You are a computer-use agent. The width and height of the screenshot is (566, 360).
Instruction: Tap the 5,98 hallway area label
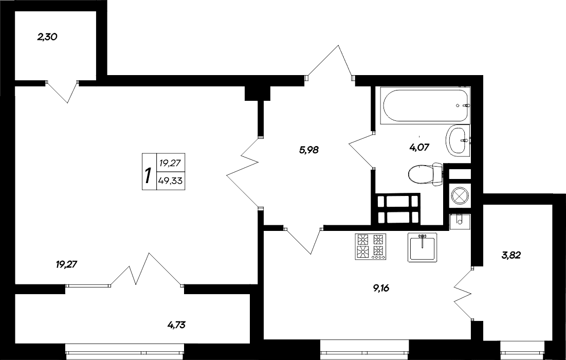click(309, 150)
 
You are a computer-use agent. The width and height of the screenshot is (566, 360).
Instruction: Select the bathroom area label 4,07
click(419, 147)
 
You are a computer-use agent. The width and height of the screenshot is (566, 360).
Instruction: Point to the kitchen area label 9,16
click(381, 288)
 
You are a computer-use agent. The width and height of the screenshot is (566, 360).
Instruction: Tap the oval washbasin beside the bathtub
click(457, 139)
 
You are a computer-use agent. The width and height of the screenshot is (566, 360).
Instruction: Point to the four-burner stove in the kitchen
click(370, 246)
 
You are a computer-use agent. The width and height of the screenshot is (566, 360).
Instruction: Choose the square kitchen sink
click(422, 247)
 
